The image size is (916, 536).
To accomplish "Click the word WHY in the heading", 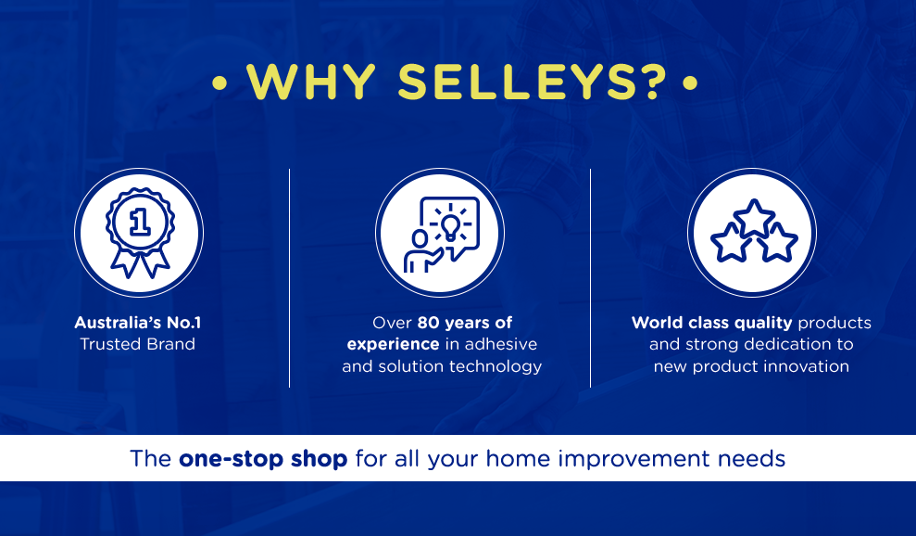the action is pyautogui.click(x=311, y=82).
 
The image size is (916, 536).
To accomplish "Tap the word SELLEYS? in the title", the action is pyautogui.click(x=533, y=82).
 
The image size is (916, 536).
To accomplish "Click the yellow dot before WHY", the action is pyautogui.click(x=220, y=83).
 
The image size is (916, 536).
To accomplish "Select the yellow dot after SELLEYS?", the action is pyautogui.click(x=690, y=83).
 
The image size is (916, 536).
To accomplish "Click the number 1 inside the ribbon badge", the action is pyautogui.click(x=140, y=222).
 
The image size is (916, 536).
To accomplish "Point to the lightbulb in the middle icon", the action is pyautogui.click(x=450, y=226).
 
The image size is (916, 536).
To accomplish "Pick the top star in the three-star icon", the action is pyautogui.click(x=754, y=218).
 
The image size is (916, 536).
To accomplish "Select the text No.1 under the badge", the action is pyautogui.click(x=184, y=323).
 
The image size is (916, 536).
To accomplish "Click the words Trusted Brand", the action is pyautogui.click(x=138, y=344).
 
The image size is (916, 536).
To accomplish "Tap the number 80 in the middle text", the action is pyautogui.click(x=428, y=323).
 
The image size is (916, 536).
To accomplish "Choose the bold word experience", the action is pyautogui.click(x=393, y=345).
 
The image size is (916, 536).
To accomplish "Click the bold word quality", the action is pyautogui.click(x=763, y=323).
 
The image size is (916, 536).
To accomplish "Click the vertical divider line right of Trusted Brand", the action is pyautogui.click(x=289, y=278).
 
